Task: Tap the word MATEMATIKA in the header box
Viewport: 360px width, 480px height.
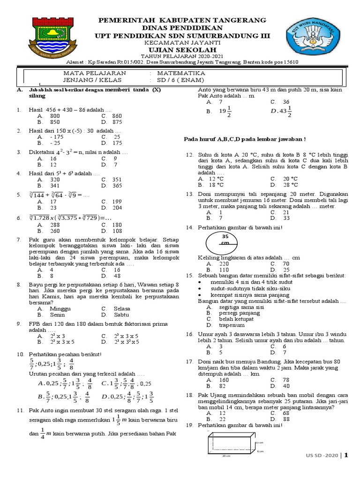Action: [181, 74]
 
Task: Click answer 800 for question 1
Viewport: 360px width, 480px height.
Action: [55, 115]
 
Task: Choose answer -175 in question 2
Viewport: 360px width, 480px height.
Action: [56, 137]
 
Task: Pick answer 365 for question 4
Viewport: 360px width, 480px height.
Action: [117, 186]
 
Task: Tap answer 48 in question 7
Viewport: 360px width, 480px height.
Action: [117, 276]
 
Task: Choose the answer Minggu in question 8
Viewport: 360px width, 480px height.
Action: [60, 309]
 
